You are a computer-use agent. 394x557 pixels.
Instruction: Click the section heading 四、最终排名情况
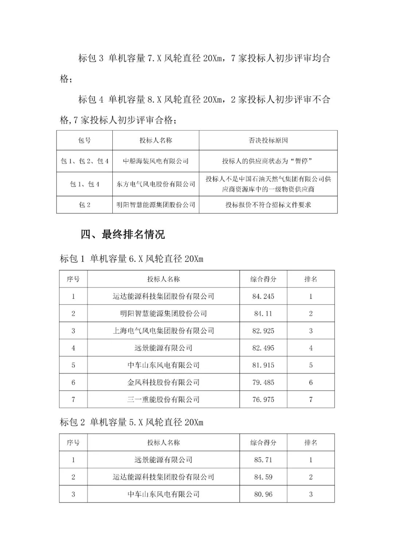pyautogui.click(x=123, y=234)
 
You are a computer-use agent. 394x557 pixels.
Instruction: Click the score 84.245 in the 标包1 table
pyautogui.click(x=263, y=296)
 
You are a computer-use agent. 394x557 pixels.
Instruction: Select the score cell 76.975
pyautogui.click(x=263, y=399)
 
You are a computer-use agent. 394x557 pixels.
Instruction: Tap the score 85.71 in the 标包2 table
pyautogui.click(x=263, y=460)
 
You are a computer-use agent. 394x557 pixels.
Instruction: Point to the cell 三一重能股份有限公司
pyautogui.click(x=163, y=399)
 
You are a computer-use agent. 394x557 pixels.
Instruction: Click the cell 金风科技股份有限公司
pyautogui.click(x=163, y=382)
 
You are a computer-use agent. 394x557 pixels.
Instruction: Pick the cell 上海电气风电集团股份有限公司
pyautogui.click(x=163, y=331)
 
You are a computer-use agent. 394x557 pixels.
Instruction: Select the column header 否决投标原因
pyautogui.click(x=268, y=140)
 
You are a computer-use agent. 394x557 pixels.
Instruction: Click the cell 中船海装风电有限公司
pyautogui.click(x=156, y=161)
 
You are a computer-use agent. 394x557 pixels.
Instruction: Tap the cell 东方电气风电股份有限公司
pyautogui.click(x=156, y=184)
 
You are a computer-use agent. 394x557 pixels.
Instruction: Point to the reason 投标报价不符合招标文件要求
pyautogui.click(x=268, y=205)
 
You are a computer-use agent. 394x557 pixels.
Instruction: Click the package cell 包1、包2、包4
pyautogui.click(x=85, y=161)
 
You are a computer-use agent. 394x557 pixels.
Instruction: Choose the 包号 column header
pyautogui.click(x=85, y=140)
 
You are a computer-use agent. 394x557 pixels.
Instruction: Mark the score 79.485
pyautogui.click(x=263, y=382)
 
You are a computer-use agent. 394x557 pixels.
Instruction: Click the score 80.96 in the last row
pyautogui.click(x=263, y=494)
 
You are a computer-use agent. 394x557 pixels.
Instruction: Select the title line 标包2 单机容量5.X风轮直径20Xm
pyautogui.click(x=131, y=422)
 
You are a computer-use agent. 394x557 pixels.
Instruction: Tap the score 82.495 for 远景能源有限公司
pyautogui.click(x=263, y=348)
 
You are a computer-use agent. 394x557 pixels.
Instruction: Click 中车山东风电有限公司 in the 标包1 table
pyautogui.click(x=163, y=365)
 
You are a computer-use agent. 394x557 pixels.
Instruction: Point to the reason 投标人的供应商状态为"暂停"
pyautogui.click(x=268, y=161)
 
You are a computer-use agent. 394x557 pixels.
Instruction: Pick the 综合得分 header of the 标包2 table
pyautogui.click(x=263, y=442)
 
